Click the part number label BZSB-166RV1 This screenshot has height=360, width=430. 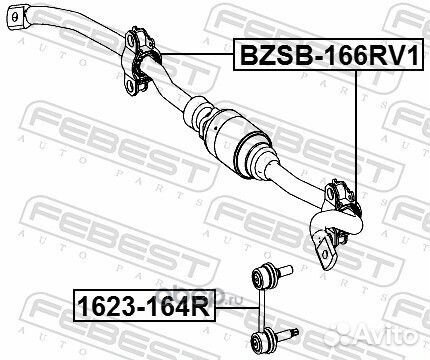point(328,54)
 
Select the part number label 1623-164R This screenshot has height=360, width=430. point(144,307)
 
